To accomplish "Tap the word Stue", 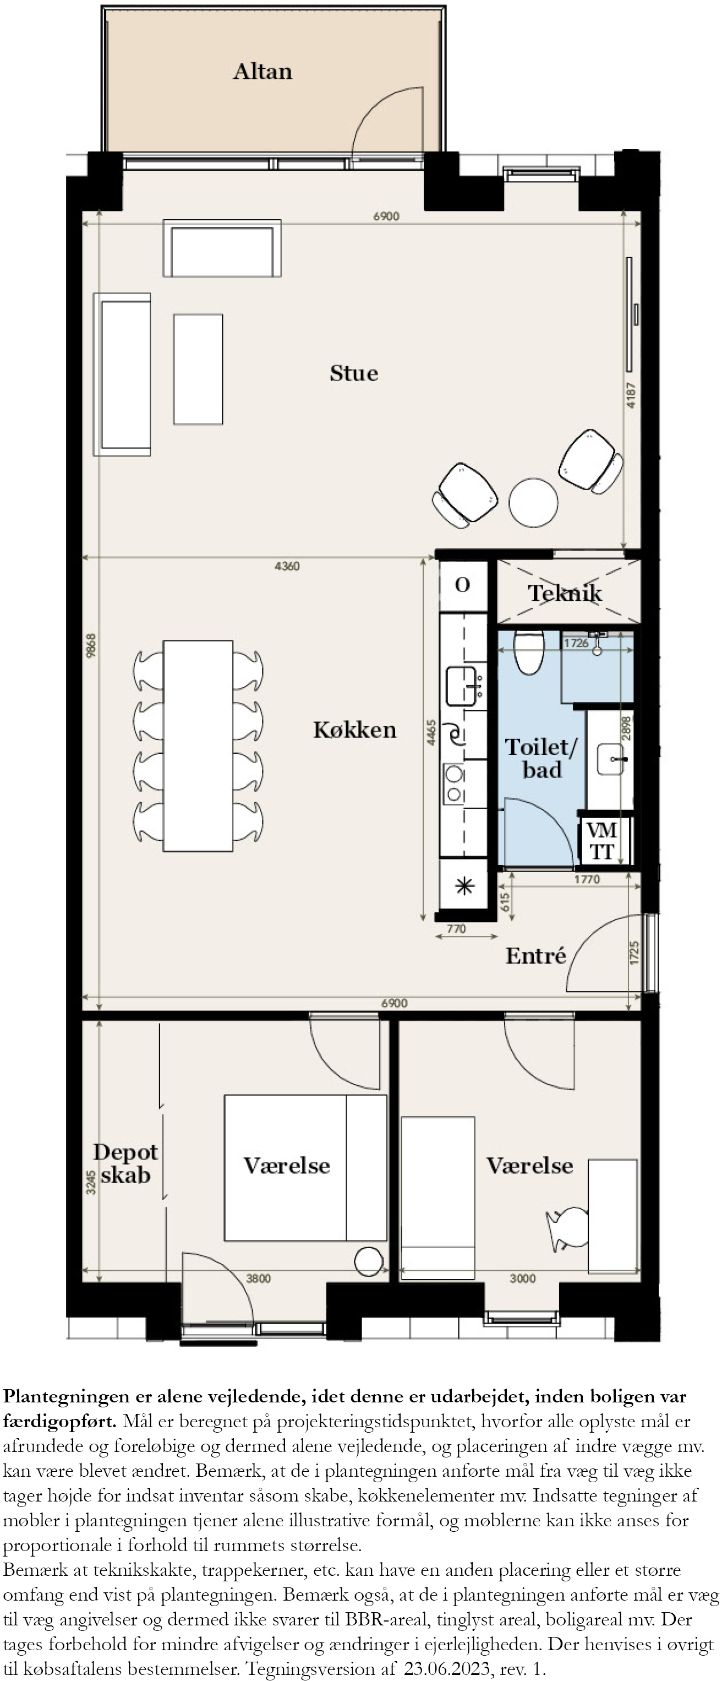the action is click(353, 373).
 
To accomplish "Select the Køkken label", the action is click(354, 730).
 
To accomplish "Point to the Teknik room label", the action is click(565, 593).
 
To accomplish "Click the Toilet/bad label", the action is click(541, 758).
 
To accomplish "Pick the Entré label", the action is click(535, 956).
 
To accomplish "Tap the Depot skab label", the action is click(125, 1163).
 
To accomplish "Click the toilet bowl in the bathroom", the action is click(528, 651).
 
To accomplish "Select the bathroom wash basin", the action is click(610, 759).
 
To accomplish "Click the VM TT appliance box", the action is click(601, 840).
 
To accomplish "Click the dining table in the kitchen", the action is click(198, 746).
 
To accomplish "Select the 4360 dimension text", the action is click(287, 566).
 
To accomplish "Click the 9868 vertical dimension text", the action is click(91, 645).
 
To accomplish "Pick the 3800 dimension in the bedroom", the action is click(258, 1279).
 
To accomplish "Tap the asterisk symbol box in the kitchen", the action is click(464, 885).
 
